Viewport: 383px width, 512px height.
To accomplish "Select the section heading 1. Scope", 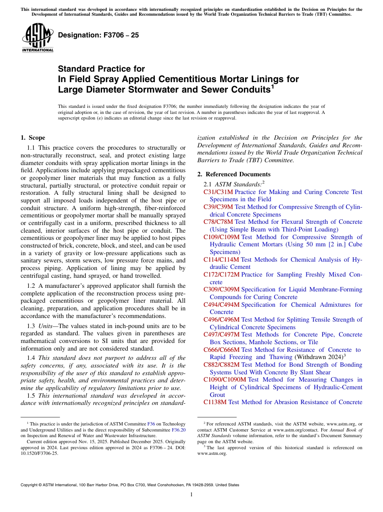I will click(x=33, y=138).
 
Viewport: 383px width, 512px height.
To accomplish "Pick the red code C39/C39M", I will click(x=218, y=207).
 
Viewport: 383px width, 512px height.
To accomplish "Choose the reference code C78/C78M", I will click(x=218, y=222).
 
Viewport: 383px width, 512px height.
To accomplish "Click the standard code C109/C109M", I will click(x=221, y=237).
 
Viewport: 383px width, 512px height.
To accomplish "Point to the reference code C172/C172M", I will click(x=221, y=275).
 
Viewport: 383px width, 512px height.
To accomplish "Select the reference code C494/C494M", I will click(x=221, y=305).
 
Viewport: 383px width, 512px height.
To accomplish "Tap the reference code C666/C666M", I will click(x=221, y=350).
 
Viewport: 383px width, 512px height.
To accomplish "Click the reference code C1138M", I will click(x=215, y=402).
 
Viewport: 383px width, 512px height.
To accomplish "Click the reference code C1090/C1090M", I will click(x=225, y=380).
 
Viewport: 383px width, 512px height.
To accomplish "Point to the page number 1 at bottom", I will click(x=191, y=494).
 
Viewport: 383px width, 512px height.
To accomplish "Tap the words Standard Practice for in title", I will click(x=101, y=69).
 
